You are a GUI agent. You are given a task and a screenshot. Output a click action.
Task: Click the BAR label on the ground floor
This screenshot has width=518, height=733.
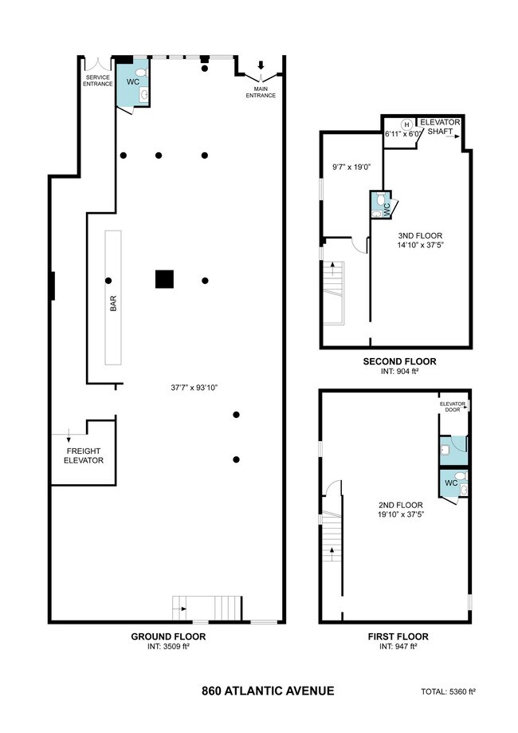click(x=113, y=303)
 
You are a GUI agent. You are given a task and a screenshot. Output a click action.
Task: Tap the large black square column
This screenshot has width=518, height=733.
click(x=164, y=279)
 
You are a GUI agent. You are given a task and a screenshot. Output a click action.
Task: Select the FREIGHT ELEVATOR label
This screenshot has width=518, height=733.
click(x=84, y=455)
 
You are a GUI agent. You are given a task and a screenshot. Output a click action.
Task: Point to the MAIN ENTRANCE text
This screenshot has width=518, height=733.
click(x=261, y=92)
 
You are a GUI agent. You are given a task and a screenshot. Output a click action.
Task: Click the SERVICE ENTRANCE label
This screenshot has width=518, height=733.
click(x=98, y=81)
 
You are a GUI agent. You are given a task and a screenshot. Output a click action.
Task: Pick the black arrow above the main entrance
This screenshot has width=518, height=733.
click(x=261, y=65)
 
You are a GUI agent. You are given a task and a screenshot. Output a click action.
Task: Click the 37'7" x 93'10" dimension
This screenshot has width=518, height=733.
click(x=194, y=387)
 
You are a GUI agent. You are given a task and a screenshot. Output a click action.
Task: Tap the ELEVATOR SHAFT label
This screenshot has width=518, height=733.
click(x=440, y=127)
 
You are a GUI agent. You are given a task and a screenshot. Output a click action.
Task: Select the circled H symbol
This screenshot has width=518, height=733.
click(x=407, y=124)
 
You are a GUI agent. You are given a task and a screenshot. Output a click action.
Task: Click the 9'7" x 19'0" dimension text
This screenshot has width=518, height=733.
click(x=351, y=167)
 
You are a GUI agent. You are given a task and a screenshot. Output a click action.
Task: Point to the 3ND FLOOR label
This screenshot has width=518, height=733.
click(x=420, y=236)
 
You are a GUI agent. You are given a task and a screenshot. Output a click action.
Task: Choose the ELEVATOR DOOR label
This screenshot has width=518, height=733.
click(x=452, y=407)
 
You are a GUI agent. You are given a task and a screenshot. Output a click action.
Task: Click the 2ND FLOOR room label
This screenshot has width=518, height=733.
click(x=401, y=505)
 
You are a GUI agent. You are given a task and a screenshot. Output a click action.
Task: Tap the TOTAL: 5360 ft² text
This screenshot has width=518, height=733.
click(x=448, y=692)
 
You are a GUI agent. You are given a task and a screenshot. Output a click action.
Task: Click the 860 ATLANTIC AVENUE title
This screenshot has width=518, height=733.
click(x=268, y=691)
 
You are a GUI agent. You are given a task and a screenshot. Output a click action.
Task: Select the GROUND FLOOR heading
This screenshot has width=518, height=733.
click(x=168, y=636)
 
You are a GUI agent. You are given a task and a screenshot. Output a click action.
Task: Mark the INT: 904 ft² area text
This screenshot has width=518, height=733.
click(x=399, y=372)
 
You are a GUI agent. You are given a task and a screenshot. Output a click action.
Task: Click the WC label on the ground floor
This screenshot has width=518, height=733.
click(x=133, y=82)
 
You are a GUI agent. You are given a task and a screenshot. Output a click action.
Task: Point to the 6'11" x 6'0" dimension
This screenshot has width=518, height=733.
click(x=403, y=133)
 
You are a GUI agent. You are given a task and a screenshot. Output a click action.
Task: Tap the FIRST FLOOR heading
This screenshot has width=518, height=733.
click(x=398, y=636)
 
